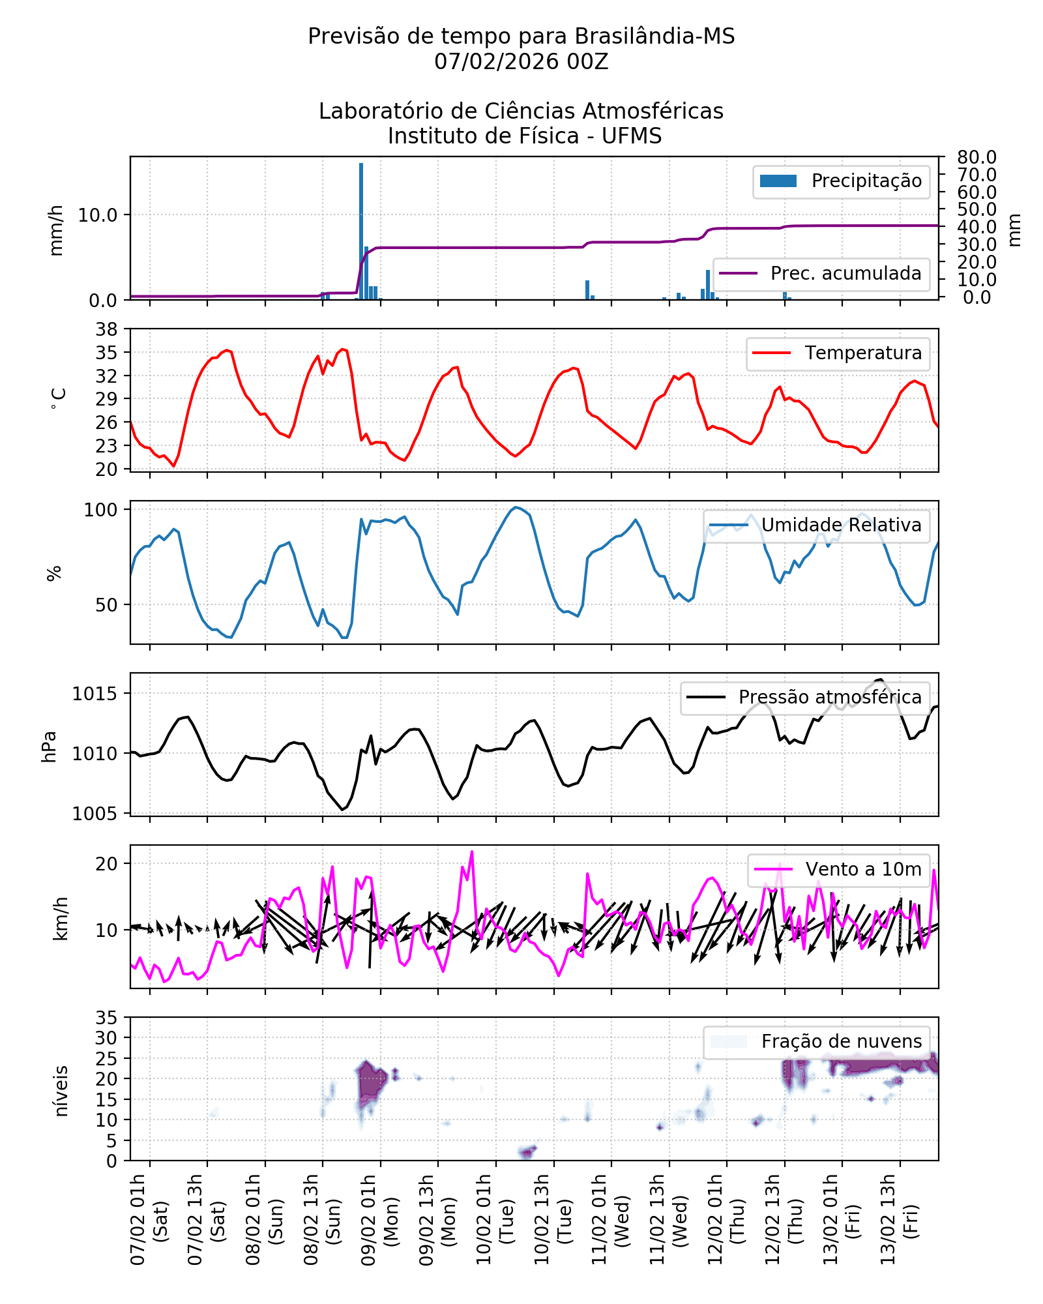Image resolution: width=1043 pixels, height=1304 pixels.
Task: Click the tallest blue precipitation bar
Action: coord(361,231)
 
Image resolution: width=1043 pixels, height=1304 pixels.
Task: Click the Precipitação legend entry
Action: coord(841,181)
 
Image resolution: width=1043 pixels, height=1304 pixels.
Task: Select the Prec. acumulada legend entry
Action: coord(821,273)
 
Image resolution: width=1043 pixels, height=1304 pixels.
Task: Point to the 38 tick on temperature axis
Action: coord(106,329)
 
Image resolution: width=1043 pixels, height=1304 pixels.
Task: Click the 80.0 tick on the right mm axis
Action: coord(977,157)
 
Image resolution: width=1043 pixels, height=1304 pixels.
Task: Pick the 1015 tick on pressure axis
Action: coord(95,694)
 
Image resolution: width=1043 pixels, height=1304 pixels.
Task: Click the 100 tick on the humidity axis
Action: coord(101,510)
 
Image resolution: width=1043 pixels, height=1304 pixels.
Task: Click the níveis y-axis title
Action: coord(61,1091)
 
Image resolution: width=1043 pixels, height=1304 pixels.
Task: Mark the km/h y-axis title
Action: coord(61,918)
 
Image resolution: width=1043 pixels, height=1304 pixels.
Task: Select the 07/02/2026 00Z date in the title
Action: coord(521,62)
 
